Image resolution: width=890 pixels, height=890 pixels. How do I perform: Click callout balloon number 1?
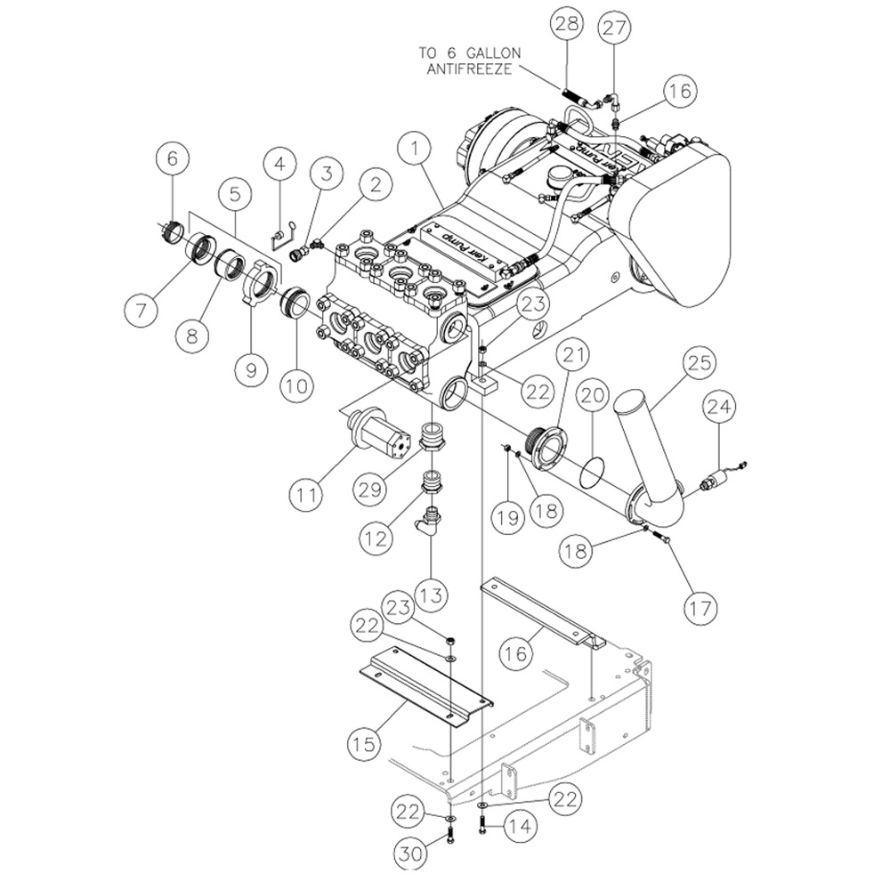click(x=415, y=149)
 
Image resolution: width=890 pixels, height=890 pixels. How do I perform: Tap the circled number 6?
click(x=172, y=158)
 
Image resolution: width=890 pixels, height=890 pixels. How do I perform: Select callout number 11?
click(x=306, y=494)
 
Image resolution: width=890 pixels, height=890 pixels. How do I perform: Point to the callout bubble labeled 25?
click(x=699, y=362)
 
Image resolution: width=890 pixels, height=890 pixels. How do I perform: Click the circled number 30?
click(x=410, y=854)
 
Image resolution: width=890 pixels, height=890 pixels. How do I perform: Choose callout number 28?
click(x=566, y=24)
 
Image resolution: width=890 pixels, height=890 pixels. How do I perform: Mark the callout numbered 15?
click(x=364, y=742)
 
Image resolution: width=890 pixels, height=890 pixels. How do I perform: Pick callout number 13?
click(x=432, y=595)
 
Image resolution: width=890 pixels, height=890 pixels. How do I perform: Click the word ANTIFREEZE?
click(x=469, y=69)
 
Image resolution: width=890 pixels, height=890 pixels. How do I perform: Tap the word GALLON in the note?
click(x=493, y=53)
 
